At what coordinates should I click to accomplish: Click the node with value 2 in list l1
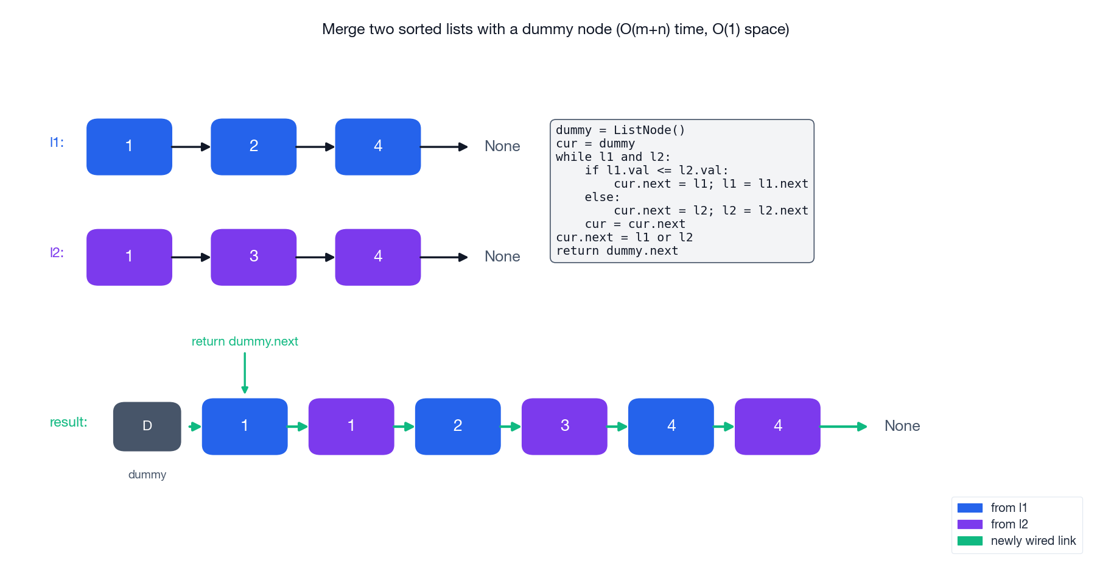[253, 147]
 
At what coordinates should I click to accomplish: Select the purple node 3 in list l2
[253, 257]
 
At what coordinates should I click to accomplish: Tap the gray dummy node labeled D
[147, 427]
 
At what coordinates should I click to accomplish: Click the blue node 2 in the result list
[458, 427]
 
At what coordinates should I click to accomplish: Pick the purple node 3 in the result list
[564, 427]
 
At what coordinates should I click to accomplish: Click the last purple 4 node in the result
[777, 427]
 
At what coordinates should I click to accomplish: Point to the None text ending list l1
[502, 146]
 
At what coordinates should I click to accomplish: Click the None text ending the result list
[902, 426]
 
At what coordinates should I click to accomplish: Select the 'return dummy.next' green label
[245, 341]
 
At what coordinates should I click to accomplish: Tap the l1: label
[57, 143]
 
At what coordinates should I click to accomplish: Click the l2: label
[57, 253]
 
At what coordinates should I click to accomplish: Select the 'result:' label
[68, 422]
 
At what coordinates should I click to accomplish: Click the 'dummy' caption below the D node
[147, 475]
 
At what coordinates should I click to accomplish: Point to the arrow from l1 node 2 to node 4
[315, 147]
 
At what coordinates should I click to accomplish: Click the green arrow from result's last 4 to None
[843, 427]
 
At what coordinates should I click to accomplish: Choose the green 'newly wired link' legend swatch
[970, 541]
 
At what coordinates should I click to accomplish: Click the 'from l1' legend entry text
[1009, 508]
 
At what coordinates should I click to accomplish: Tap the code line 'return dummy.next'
[617, 251]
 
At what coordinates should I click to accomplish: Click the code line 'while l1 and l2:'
[612, 157]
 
